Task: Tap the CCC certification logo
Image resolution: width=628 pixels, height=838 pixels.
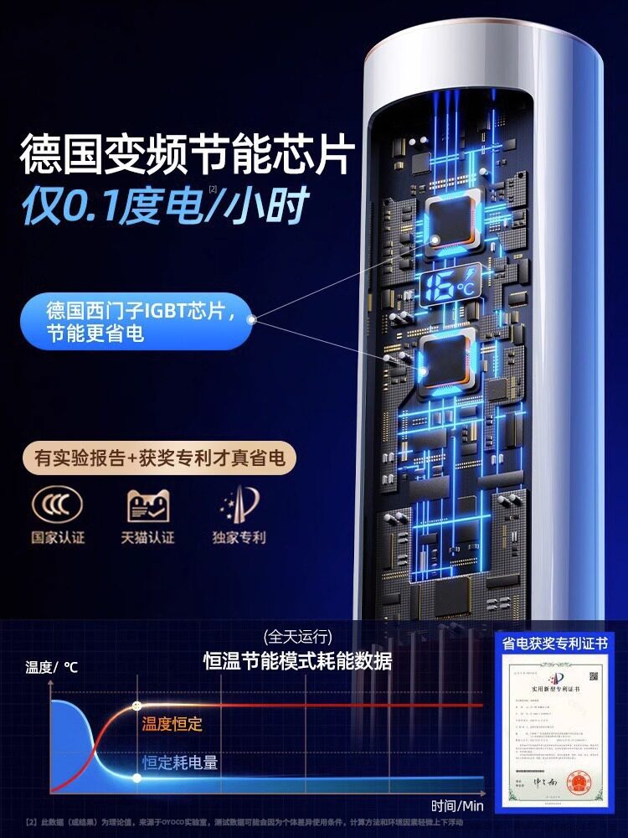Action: click(x=57, y=505)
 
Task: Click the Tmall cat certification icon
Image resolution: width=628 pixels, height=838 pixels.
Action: click(x=148, y=505)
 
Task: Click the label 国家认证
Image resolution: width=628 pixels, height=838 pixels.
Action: click(x=58, y=537)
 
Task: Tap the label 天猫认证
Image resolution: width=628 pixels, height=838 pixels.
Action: click(x=148, y=537)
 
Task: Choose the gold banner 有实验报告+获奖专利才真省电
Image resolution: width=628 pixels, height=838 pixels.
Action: click(x=159, y=458)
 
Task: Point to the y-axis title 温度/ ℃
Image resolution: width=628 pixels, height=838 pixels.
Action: click(x=52, y=667)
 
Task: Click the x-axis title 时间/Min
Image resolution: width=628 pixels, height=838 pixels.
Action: click(x=458, y=806)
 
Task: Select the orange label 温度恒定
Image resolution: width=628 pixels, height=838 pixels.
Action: click(x=172, y=723)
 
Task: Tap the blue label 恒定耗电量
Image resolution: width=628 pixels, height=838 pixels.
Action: click(x=180, y=762)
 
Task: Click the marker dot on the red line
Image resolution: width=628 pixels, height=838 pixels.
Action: click(x=137, y=706)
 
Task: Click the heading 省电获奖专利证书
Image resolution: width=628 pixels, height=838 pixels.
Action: click(x=554, y=644)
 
